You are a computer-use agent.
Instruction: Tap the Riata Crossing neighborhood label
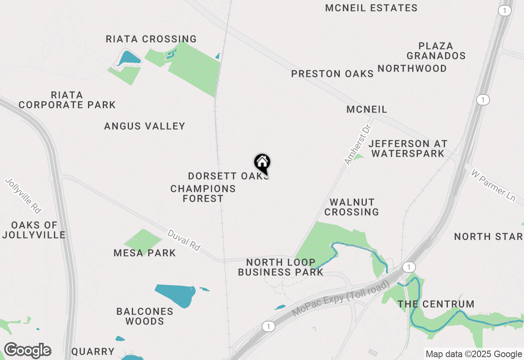pyautogui.click(x=151, y=39)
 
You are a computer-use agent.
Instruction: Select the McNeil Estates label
pyautogui.click(x=371, y=8)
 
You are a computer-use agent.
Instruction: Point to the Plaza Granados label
pyautogui.click(x=436, y=51)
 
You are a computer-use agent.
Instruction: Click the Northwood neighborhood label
pyautogui.click(x=412, y=68)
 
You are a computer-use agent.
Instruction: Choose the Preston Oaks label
pyautogui.click(x=332, y=74)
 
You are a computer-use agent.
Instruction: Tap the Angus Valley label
pyautogui.click(x=145, y=126)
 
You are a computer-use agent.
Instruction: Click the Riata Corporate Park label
pyautogui.click(x=67, y=100)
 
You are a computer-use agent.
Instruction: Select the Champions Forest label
pyautogui.click(x=203, y=193)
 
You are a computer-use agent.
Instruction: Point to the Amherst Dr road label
pyautogui.click(x=355, y=145)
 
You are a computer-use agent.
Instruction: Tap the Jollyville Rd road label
pyautogui.click(x=24, y=196)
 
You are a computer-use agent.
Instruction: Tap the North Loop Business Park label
pyautogui.click(x=280, y=267)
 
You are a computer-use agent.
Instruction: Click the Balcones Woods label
pyautogui.click(x=145, y=316)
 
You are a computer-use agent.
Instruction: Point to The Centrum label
pyautogui.click(x=436, y=304)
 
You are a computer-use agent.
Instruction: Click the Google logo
pyautogui.click(x=27, y=351)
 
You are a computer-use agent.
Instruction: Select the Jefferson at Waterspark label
pyautogui.click(x=408, y=148)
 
